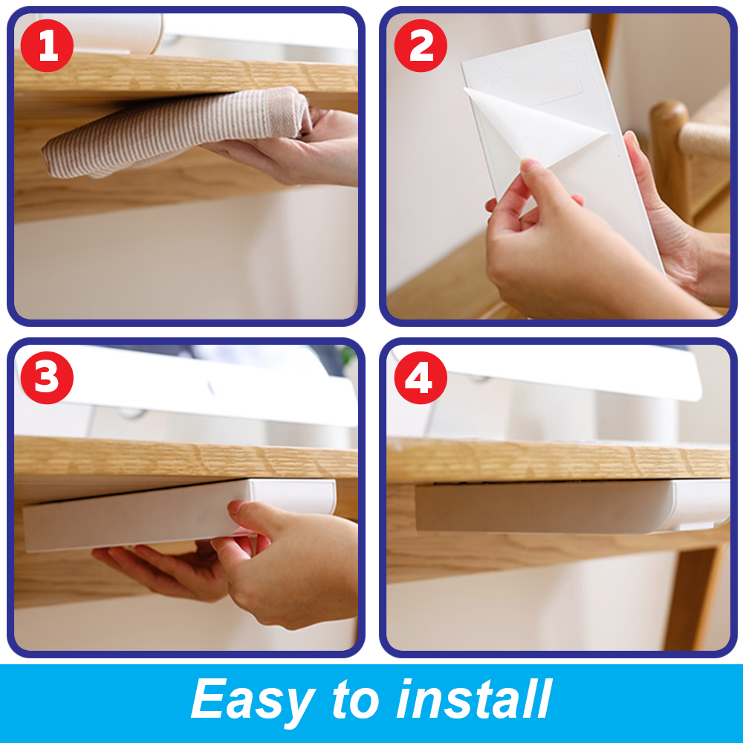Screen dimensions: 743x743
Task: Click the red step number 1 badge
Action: click(47, 47)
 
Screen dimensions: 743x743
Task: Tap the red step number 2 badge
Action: click(421, 47)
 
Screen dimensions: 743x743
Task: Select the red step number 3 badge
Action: click(47, 378)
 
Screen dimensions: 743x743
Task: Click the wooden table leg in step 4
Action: click(695, 594)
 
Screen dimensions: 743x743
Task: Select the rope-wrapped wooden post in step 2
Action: click(702, 141)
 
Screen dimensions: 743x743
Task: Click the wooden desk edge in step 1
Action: click(186, 74)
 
